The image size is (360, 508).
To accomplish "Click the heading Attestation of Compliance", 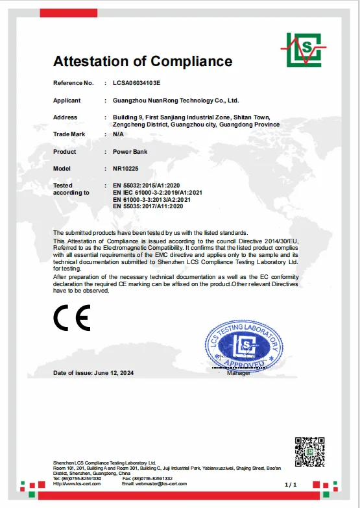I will [x=142, y=62].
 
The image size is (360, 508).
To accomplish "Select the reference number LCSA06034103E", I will [x=136, y=83].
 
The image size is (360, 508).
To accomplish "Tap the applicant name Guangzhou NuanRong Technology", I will [x=176, y=101].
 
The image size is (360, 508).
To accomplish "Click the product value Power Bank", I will [x=130, y=151].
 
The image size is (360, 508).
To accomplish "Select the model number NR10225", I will [x=126, y=169].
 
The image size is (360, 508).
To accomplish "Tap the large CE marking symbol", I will [x=72, y=318].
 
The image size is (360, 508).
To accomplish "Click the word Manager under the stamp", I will [x=238, y=374].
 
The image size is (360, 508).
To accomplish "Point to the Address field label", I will [x=65, y=117].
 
